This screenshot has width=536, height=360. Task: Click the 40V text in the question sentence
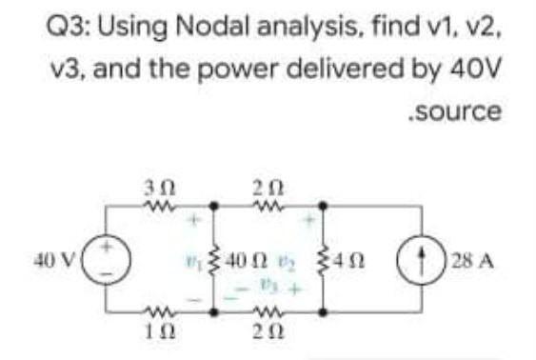click(470, 74)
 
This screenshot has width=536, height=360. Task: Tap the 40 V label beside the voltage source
click(54, 256)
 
